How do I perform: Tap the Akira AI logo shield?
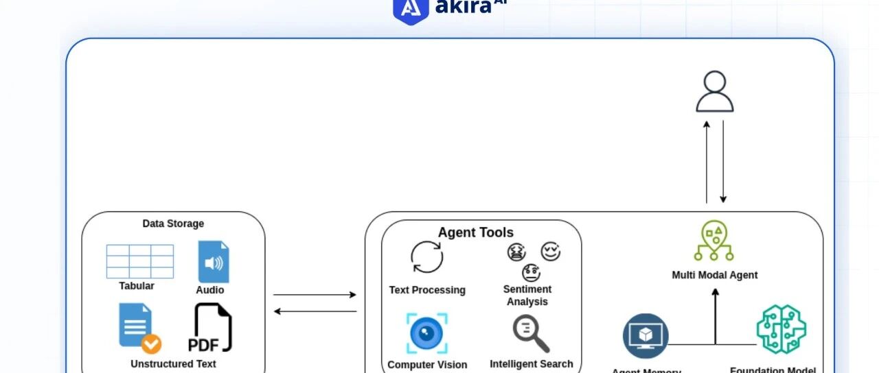[x=410, y=9]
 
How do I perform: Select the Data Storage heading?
[x=173, y=224]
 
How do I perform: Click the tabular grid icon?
[x=139, y=261]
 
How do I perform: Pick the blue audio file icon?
[x=213, y=261]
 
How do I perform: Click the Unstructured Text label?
[x=173, y=364]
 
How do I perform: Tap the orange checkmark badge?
[x=151, y=344]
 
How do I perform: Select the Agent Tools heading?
[x=475, y=232]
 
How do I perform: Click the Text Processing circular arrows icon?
[x=427, y=258]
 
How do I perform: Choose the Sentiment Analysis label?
[x=527, y=296]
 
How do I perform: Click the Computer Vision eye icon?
[x=426, y=333]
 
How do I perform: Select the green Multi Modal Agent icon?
[x=714, y=241]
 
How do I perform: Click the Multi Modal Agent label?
[x=714, y=275]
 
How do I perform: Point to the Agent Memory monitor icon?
[x=646, y=336]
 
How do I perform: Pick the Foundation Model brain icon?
[x=781, y=330]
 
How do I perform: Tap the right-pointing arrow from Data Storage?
[x=315, y=295]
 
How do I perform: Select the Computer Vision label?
[x=427, y=365]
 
